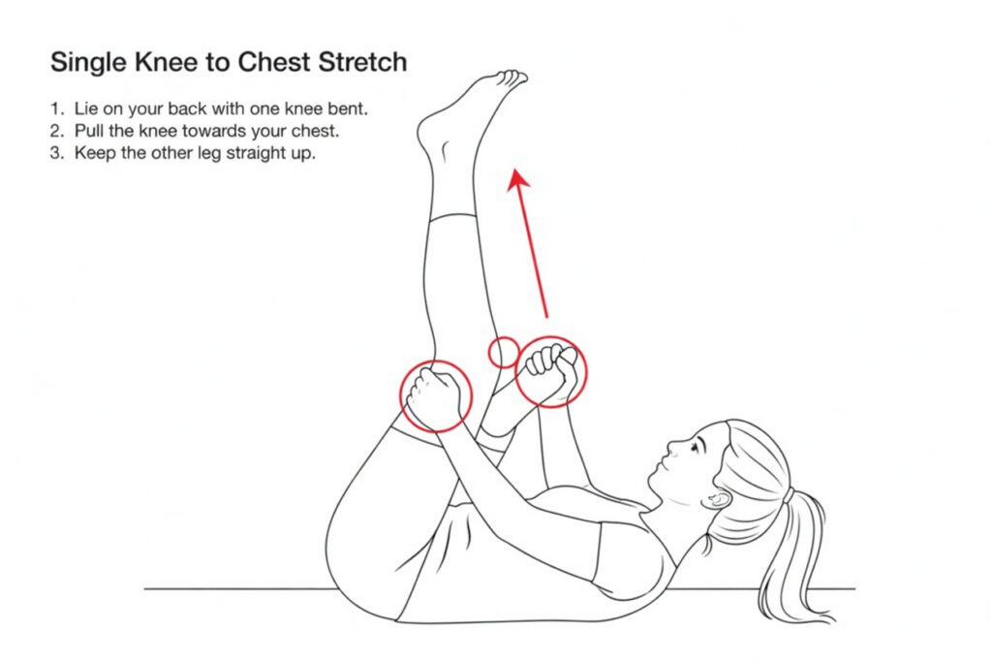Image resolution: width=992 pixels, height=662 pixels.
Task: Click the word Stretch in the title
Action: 362,62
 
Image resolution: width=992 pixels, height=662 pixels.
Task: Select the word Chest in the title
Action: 274,62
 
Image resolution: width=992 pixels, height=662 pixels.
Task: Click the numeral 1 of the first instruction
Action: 55,109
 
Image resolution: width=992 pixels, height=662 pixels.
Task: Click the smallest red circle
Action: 503,352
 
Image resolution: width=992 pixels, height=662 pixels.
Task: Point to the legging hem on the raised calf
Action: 451,216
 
